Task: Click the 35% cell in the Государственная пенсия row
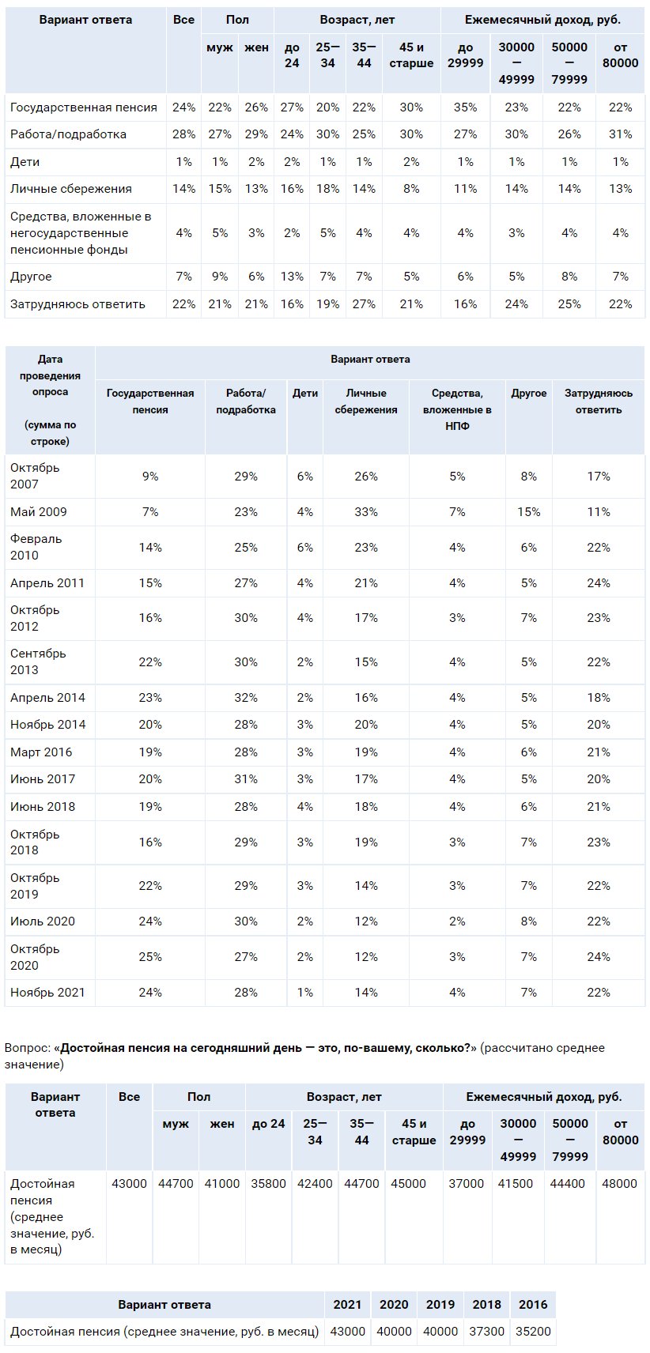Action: click(465, 107)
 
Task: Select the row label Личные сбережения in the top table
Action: click(70, 189)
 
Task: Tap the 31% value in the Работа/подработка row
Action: click(621, 134)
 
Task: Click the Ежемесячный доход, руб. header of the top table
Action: click(542, 20)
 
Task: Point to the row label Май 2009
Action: click(39, 511)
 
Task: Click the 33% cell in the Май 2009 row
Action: click(366, 511)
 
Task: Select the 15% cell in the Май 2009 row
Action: click(528, 511)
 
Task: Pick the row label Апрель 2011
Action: click(47, 583)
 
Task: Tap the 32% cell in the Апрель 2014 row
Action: click(246, 698)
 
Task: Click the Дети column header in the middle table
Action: click(305, 394)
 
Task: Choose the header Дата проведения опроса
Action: click(50, 375)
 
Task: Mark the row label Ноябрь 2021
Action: click(47, 993)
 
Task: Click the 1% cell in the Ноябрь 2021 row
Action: click(305, 993)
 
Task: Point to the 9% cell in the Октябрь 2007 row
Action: click(150, 477)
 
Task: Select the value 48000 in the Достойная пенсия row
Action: click(620, 1183)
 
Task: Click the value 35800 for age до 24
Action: click(268, 1183)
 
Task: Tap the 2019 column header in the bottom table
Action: click(440, 1304)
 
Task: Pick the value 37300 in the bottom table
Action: click(487, 1331)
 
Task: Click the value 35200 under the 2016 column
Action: click(534, 1331)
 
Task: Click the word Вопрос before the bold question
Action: click(27, 1048)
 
